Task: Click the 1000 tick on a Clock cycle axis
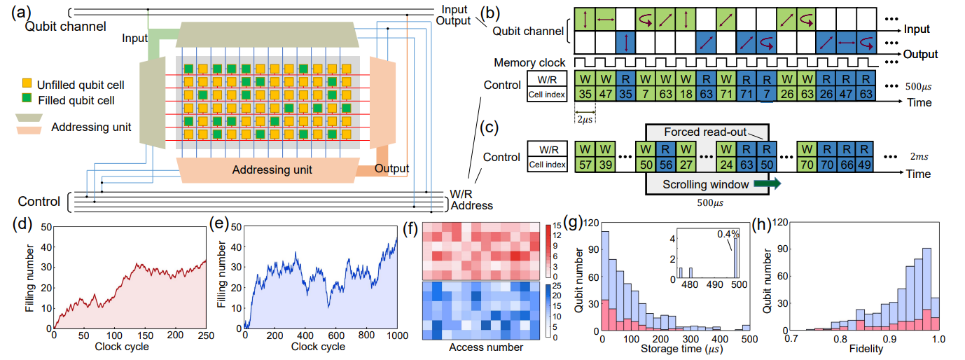pos(395,335)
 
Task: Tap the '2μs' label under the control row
pos(584,118)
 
